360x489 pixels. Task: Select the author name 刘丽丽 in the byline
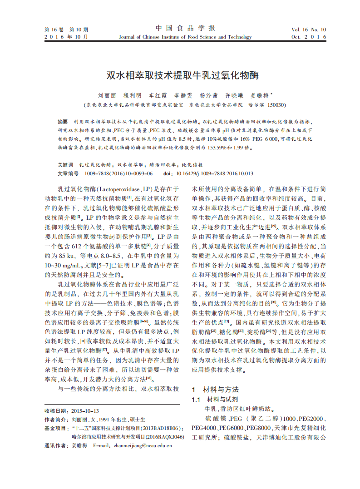point(107,96)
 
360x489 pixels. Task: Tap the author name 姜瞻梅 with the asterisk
point(260,96)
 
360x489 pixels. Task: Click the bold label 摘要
point(63,122)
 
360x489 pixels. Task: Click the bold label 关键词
point(65,165)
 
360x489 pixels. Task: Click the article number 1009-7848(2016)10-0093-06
point(118,173)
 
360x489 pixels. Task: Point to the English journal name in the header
point(185,37)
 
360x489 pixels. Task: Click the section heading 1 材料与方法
point(215,390)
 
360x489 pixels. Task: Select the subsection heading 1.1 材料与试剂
point(215,400)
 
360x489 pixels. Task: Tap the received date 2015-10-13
point(85,411)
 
